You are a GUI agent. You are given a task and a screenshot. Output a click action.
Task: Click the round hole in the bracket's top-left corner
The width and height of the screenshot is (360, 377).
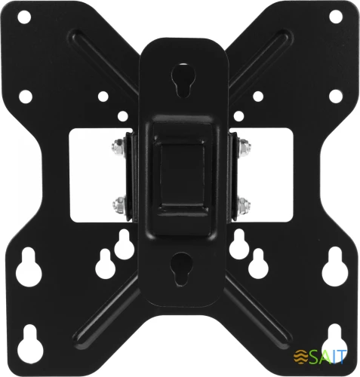pyautogui.click(x=24, y=17)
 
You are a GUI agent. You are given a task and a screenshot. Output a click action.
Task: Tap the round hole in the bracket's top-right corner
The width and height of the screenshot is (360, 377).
pyautogui.click(x=336, y=17)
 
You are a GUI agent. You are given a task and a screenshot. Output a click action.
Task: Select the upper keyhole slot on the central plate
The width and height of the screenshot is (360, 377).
pyautogui.click(x=182, y=80)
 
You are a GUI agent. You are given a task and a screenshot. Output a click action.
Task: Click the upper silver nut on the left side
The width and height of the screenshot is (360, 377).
pyautogui.click(x=118, y=149)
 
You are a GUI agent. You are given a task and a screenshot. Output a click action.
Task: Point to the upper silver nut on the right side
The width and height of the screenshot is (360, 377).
pyautogui.click(x=244, y=149)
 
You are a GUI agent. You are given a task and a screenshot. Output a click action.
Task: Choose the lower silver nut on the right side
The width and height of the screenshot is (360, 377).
pyautogui.click(x=243, y=206)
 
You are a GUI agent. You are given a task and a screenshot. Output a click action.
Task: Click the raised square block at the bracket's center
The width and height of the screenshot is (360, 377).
pyautogui.click(x=182, y=176)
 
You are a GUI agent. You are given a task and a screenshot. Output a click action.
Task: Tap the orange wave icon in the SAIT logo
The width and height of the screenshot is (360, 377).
pyautogui.click(x=301, y=356)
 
